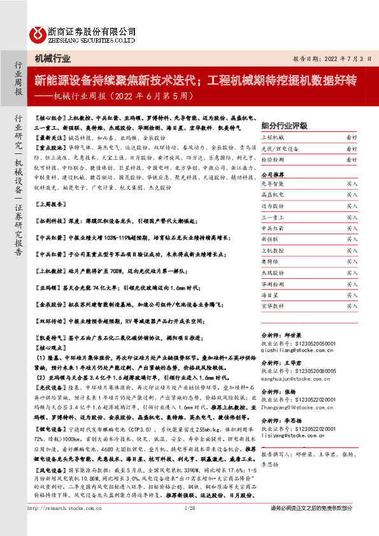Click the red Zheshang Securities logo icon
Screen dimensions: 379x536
tap(39, 33)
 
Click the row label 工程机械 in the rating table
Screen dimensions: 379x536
tap(272, 138)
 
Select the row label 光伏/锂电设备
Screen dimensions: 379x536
tap(278, 149)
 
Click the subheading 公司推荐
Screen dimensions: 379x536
tap(273, 173)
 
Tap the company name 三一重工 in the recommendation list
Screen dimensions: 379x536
tap(272, 217)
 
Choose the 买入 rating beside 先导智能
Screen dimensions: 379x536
tap(352, 184)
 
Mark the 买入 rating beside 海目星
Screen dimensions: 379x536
tap(352, 294)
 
